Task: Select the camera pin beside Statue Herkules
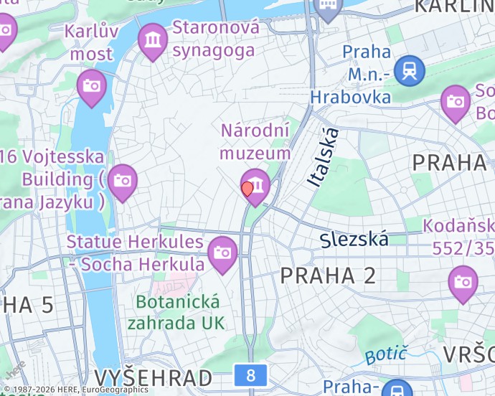point(223,253)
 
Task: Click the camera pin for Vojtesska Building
point(123,180)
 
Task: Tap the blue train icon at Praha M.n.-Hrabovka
point(410,71)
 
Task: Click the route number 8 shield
point(250,374)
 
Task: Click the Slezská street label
point(354,239)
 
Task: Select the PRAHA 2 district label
point(328,275)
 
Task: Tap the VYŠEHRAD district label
point(153,378)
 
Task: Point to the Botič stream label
point(386,354)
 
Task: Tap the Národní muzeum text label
point(255,141)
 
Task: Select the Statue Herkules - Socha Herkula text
point(136,253)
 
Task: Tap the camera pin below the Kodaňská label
point(463,281)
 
